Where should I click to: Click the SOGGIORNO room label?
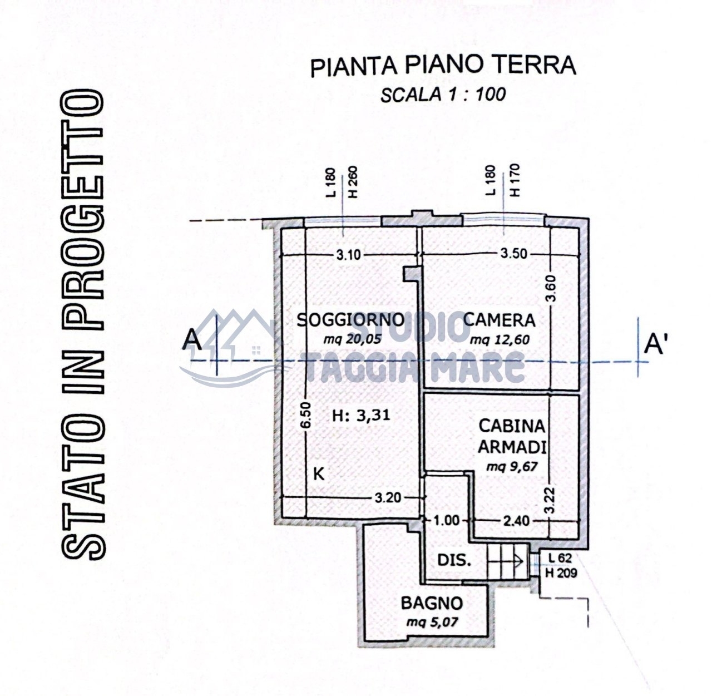tap(350, 320)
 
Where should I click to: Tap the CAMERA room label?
tap(499, 320)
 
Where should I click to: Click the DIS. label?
tap(454, 560)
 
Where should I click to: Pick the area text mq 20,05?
tap(352, 339)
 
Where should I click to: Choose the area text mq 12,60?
tap(500, 340)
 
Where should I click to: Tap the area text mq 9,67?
tap(512, 467)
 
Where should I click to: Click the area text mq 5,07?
tap(432, 621)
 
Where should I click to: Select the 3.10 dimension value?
tap(349, 255)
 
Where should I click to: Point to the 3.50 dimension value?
tap(513, 254)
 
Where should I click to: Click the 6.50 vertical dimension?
tap(306, 415)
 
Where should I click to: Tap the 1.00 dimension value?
tap(446, 520)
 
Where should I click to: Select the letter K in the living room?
tap(319, 474)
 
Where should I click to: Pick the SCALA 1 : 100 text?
tap(443, 95)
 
